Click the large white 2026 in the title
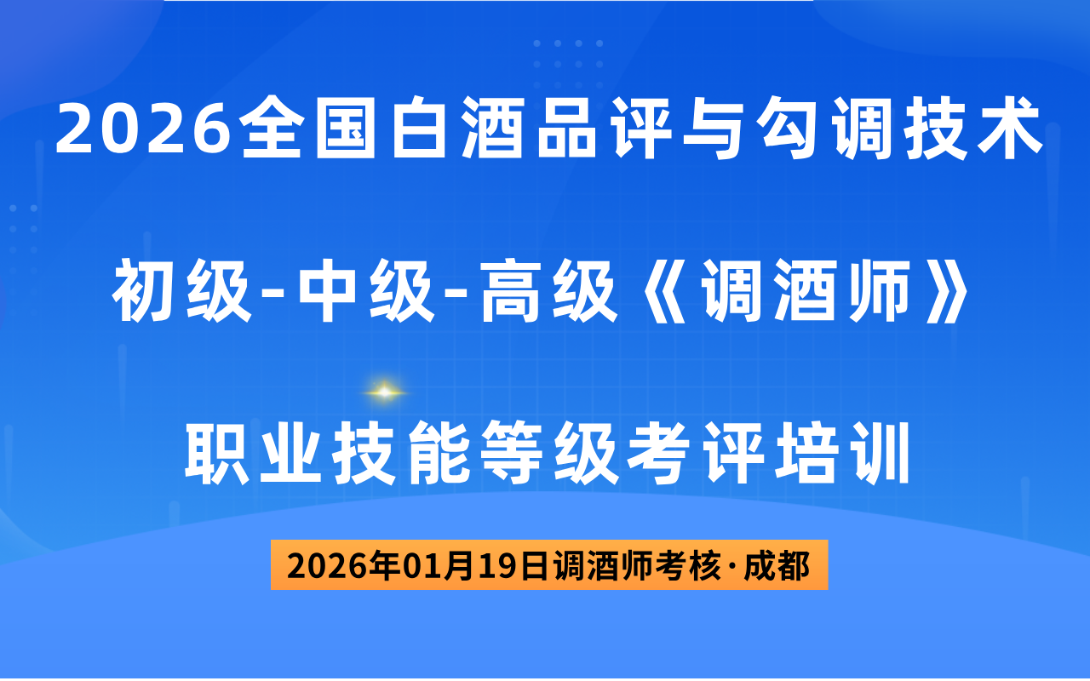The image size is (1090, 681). (144, 129)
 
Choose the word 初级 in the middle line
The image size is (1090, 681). (182, 290)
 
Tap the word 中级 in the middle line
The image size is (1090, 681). (366, 290)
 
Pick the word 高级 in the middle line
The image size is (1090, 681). (549, 290)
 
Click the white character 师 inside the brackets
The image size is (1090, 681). (880, 290)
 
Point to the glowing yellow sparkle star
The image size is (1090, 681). (384, 392)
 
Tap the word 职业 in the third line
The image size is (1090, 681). (253, 454)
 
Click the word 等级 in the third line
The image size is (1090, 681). (549, 454)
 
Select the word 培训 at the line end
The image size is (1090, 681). (842, 454)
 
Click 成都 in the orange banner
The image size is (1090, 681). (776, 566)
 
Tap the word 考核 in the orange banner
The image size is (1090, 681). (688, 566)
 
